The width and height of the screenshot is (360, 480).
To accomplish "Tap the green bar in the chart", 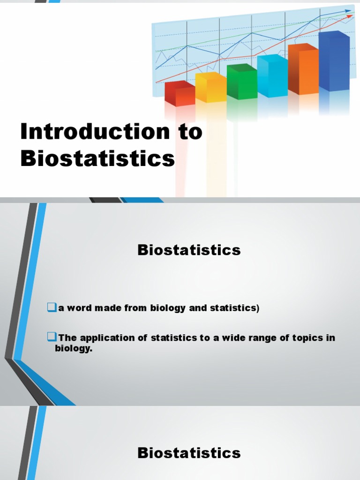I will coord(242,82).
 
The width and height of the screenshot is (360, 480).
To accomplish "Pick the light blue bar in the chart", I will coord(272,76).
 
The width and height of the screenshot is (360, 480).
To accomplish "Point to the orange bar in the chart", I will coord(303,69).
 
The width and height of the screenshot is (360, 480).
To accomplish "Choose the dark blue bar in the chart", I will coord(334,61).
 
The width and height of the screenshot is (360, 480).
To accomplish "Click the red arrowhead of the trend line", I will coord(350,16).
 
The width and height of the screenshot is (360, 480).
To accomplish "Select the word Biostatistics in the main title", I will coord(97,158).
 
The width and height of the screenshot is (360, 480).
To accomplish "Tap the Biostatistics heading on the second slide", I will coord(189,250).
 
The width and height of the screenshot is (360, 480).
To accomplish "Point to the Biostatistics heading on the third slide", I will coord(189,453).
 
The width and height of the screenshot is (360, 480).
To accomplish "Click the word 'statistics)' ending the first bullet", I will coord(236,308).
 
